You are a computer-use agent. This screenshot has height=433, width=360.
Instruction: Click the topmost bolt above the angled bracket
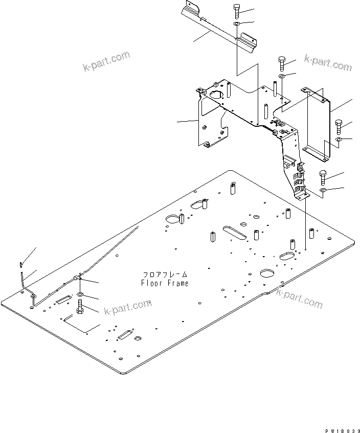point(237,10)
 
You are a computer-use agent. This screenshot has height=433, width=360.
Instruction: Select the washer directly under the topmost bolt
point(236,24)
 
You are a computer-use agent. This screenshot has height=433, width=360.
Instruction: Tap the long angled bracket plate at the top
point(220,25)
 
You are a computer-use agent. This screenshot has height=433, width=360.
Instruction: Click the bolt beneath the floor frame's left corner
point(80,307)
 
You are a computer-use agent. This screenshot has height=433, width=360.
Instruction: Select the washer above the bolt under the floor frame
point(80,296)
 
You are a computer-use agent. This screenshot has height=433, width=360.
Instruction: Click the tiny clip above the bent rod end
point(21,264)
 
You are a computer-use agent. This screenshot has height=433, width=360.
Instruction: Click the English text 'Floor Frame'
point(164,283)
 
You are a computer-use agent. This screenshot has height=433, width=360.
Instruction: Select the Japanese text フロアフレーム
point(165,275)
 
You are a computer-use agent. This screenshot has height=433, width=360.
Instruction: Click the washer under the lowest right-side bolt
point(323,191)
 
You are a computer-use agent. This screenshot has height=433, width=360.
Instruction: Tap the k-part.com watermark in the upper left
point(106,61)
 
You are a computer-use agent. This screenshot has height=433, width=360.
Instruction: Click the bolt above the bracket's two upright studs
point(282,63)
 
